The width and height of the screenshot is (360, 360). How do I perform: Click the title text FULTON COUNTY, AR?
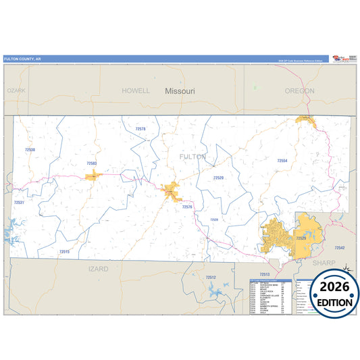(x=22, y=59)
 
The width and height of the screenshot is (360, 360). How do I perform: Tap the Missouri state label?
(x=180, y=90)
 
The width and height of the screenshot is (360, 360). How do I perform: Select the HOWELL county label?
(x=136, y=90)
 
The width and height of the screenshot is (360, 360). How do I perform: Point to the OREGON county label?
(x=299, y=91)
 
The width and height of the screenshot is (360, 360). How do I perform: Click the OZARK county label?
(x=16, y=90)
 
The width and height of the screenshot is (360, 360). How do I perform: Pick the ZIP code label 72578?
(x=140, y=128)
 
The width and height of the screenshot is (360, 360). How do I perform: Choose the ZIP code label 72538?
(x=29, y=150)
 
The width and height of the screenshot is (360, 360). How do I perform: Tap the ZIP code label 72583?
(x=92, y=163)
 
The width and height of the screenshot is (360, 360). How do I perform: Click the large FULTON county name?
(x=192, y=156)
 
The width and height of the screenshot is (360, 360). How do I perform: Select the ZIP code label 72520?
(x=218, y=178)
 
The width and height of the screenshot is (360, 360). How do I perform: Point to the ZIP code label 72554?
(x=282, y=161)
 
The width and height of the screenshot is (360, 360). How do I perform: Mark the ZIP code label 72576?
(x=187, y=207)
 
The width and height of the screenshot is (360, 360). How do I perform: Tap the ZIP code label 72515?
(x=64, y=251)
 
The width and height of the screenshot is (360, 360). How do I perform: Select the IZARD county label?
(x=98, y=268)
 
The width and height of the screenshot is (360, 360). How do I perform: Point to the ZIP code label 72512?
(x=211, y=277)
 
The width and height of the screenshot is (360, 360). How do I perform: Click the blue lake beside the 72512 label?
(x=217, y=292)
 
